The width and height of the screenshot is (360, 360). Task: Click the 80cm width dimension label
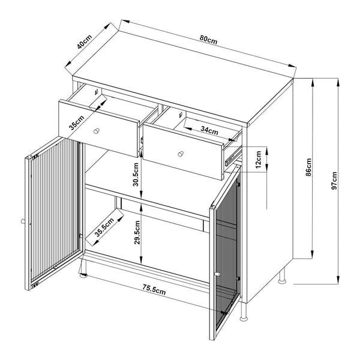[x=208, y=39]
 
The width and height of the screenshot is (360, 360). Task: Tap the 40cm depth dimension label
[x=84, y=43]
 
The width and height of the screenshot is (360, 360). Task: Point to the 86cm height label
[x=309, y=167]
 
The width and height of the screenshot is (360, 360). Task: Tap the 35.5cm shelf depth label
[x=104, y=228]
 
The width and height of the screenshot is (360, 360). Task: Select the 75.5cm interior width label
[x=154, y=291]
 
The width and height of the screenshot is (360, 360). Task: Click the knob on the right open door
[x=218, y=275]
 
